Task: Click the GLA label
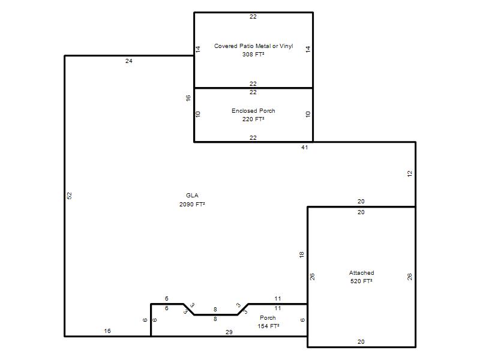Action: (192, 196)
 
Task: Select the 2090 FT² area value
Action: (192, 204)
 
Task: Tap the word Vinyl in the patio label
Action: (286, 46)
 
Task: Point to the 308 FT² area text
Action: (253, 54)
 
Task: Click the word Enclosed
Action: (244, 111)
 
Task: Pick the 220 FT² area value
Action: (253, 119)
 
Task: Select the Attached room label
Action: (362, 273)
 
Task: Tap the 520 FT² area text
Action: (361, 281)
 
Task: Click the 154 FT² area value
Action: (268, 326)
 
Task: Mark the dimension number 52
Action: (70, 196)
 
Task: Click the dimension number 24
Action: (128, 61)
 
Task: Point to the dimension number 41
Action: (304, 147)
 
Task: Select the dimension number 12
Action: (410, 173)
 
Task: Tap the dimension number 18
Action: (302, 254)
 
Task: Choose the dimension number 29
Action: (229, 332)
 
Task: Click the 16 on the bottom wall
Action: (107, 331)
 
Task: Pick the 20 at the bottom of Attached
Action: (361, 341)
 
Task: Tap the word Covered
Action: (226, 46)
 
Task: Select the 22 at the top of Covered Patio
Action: (253, 17)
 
